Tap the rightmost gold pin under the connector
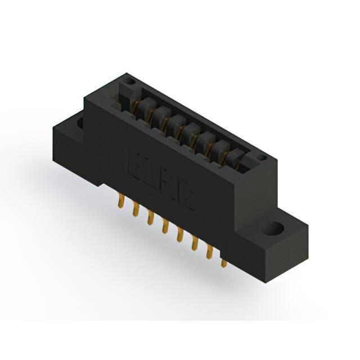224,262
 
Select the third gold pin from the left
150,218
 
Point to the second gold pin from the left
136,209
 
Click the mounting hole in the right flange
274,229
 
